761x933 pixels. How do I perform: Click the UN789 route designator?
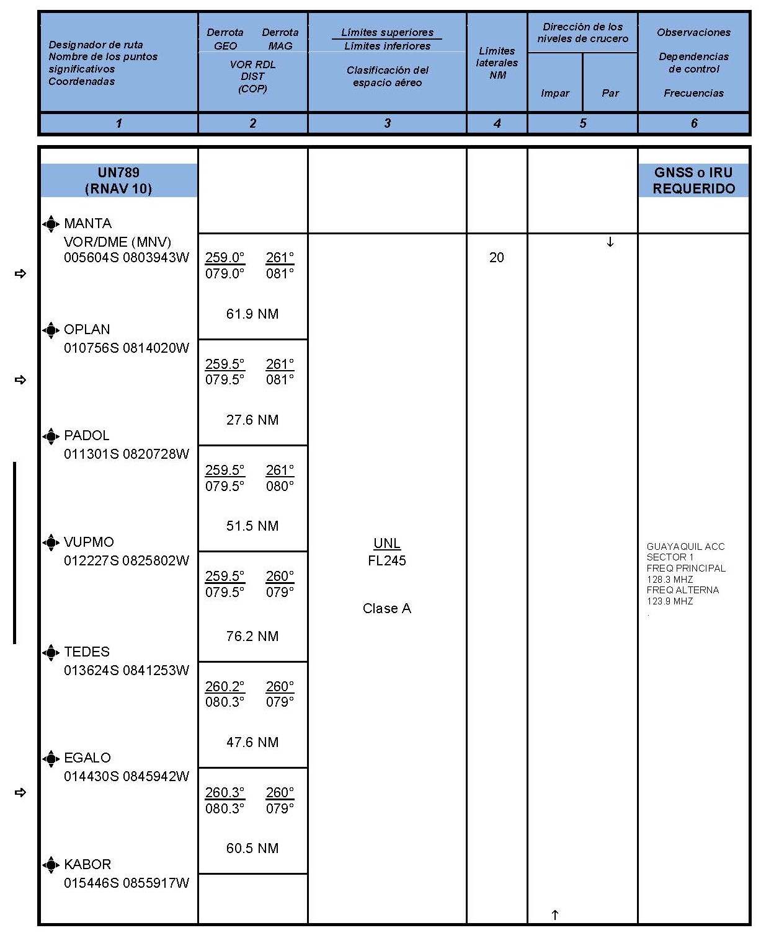click(118, 172)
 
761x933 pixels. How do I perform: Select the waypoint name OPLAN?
click(87, 329)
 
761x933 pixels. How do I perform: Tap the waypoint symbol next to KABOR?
click(51, 864)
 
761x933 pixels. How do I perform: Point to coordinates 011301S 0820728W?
click(127, 454)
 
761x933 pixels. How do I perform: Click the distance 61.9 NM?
click(252, 314)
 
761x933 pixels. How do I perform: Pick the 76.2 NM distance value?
click(252, 636)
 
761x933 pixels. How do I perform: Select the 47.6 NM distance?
click(252, 742)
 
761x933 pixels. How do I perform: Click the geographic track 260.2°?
click(225, 686)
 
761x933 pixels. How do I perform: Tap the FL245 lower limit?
click(387, 560)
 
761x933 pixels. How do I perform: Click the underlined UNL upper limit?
click(387, 544)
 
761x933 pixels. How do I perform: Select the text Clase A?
click(387, 608)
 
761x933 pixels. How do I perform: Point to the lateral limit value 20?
click(497, 257)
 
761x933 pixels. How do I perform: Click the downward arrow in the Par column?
click(610, 242)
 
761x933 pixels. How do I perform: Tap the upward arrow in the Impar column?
click(555, 914)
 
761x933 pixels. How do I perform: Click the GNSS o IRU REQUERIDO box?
click(693, 180)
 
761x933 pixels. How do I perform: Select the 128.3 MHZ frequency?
click(670, 579)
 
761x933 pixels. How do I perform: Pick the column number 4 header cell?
click(497, 123)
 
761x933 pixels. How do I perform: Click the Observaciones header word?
click(693, 32)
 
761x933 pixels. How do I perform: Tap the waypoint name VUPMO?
click(89, 542)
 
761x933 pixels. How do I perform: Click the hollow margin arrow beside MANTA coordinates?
click(20, 273)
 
